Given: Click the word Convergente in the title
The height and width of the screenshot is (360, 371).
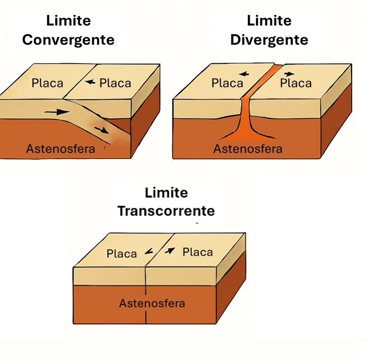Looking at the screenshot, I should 68,40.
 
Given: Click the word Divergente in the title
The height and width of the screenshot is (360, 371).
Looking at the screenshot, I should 269,40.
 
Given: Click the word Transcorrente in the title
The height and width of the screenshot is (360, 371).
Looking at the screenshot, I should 166,211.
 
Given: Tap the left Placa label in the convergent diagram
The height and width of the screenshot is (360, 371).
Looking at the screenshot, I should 47,83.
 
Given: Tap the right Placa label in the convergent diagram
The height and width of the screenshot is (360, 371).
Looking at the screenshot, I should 115,83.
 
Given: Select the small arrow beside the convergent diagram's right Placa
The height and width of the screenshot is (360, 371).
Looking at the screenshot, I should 90,83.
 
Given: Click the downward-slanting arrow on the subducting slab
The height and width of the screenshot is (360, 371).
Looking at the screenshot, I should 102,129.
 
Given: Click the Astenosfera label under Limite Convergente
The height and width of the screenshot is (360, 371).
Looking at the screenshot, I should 60,148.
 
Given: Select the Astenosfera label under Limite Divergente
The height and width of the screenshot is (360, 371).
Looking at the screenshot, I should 248,148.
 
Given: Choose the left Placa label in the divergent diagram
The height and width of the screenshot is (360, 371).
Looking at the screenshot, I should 227,83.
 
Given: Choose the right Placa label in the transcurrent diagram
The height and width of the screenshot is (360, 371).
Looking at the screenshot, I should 198,252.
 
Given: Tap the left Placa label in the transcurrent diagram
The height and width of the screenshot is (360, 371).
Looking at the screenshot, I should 122,253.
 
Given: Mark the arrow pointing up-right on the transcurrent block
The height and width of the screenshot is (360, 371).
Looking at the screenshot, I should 170,250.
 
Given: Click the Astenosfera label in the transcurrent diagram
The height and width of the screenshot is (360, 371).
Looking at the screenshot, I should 152,303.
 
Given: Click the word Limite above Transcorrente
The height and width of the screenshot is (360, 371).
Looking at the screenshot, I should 166,193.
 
